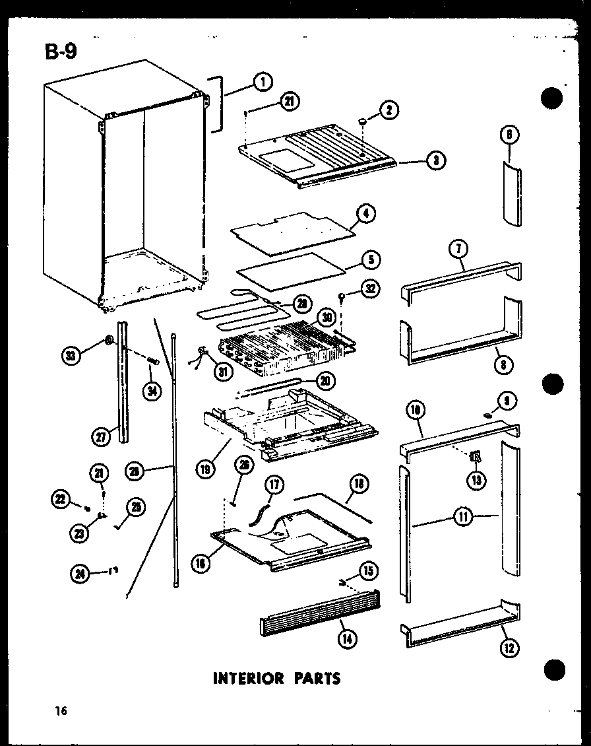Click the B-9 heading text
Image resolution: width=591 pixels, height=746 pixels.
(x=61, y=50)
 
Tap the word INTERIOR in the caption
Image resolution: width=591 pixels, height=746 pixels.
(x=249, y=678)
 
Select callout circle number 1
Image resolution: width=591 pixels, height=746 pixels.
(x=262, y=82)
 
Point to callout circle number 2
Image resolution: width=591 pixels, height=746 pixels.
(x=389, y=110)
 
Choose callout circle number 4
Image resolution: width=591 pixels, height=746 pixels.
(x=365, y=214)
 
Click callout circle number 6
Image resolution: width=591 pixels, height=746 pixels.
(x=510, y=135)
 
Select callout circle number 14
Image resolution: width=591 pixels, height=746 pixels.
(x=344, y=638)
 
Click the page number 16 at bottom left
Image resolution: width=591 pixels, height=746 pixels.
(x=61, y=711)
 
